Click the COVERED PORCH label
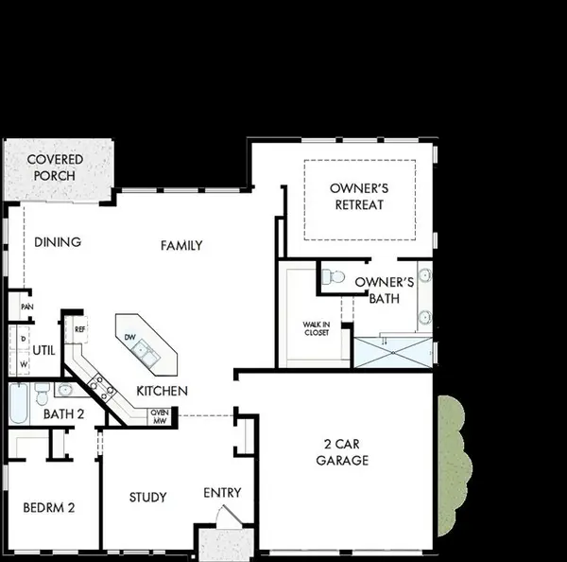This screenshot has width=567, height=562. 55,167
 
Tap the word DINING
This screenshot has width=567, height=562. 57,242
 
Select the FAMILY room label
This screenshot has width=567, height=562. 181,246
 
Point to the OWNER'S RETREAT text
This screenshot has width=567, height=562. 359,196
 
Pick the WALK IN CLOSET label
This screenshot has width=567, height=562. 316,328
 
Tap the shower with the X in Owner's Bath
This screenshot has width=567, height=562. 391,352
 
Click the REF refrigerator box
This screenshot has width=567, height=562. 79,329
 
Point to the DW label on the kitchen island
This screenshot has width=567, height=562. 130,338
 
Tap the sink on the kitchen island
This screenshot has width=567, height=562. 146,352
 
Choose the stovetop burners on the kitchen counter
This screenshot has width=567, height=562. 101,386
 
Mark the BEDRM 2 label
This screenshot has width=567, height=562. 48,507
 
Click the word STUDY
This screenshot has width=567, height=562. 147,498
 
